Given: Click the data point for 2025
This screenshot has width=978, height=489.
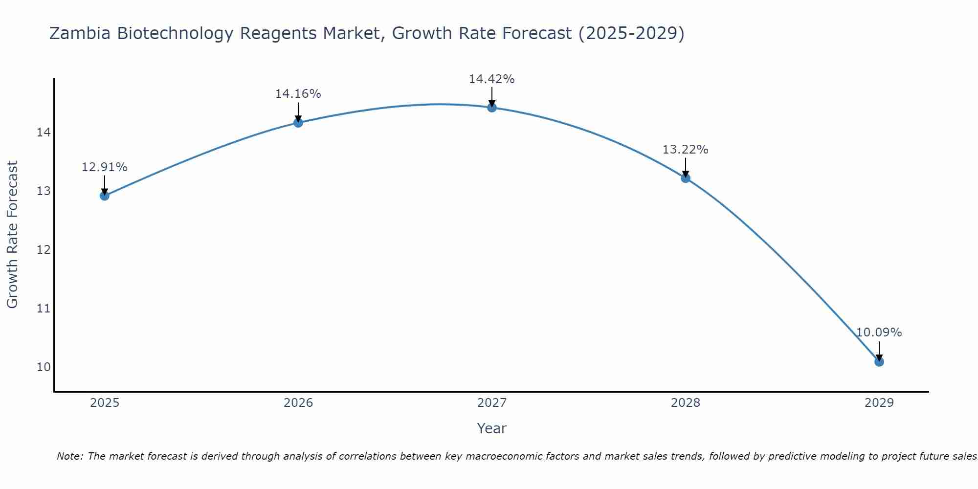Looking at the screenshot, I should click(x=104, y=196).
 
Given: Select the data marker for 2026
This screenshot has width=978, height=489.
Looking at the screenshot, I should click(x=298, y=122).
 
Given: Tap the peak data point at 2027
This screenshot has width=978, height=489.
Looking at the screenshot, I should click(x=492, y=107).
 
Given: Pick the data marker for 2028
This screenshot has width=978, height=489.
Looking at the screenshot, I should click(x=686, y=178).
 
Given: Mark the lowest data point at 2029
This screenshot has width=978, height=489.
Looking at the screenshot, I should click(x=879, y=362).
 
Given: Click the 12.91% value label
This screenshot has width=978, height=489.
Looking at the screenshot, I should click(x=104, y=167).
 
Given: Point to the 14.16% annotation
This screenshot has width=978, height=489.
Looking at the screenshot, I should click(x=298, y=94).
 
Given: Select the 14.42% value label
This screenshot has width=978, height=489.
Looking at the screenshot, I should click(x=492, y=79).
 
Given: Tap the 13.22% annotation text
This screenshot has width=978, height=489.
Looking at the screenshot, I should click(x=686, y=150).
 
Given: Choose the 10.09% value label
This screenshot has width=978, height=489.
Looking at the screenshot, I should click(x=879, y=333).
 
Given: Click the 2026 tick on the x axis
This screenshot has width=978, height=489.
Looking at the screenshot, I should click(x=298, y=403).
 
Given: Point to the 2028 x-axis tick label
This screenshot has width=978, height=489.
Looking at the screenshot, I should click(x=686, y=403).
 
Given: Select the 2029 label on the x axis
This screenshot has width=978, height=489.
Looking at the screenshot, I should click(x=879, y=403).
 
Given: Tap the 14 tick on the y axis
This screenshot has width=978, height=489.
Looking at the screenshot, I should click(x=44, y=132).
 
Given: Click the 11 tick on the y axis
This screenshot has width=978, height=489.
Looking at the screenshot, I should click(x=44, y=308).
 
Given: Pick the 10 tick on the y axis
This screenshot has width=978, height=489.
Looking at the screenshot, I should click(x=44, y=367).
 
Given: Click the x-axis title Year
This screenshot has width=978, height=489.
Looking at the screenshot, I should click(x=491, y=428).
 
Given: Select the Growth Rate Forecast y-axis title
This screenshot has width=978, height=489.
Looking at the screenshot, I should click(x=13, y=235).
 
